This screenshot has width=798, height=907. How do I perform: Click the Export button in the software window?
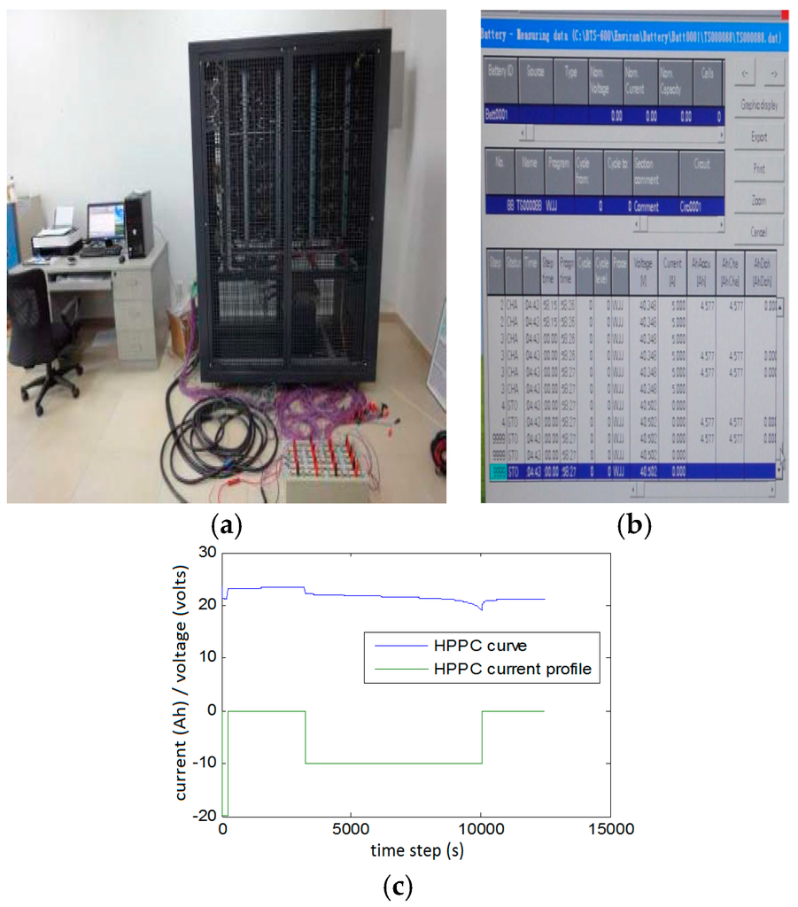point(759,137)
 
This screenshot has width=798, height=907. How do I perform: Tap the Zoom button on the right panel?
point(759,201)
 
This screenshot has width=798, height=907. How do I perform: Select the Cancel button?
point(759,232)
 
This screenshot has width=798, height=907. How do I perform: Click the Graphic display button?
point(759,105)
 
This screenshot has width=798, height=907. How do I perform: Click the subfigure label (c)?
point(398,887)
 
